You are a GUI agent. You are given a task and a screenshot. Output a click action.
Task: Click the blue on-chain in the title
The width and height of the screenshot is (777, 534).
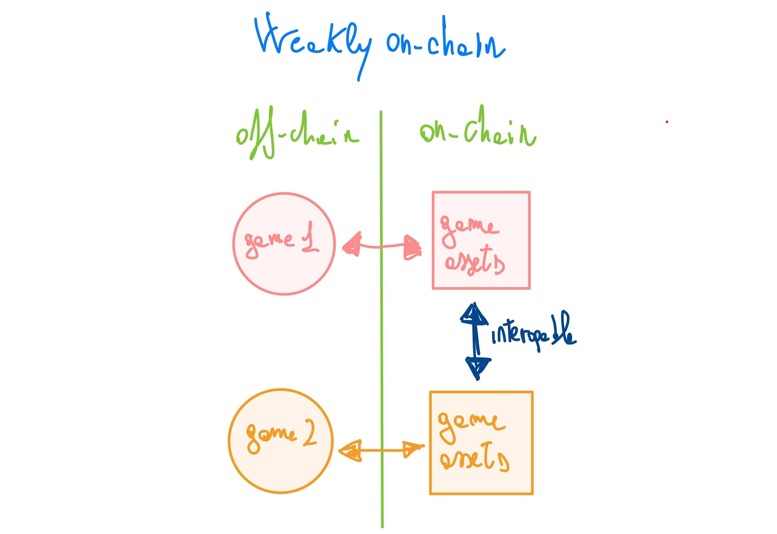445,42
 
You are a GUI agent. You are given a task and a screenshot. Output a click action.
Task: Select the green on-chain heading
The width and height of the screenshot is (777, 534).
477,132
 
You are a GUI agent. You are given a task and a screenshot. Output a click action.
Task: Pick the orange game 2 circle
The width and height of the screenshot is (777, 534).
280,468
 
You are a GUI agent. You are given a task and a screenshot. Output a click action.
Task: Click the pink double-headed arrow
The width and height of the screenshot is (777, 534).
382,247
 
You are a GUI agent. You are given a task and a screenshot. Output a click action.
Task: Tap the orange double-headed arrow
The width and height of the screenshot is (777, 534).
382,451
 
